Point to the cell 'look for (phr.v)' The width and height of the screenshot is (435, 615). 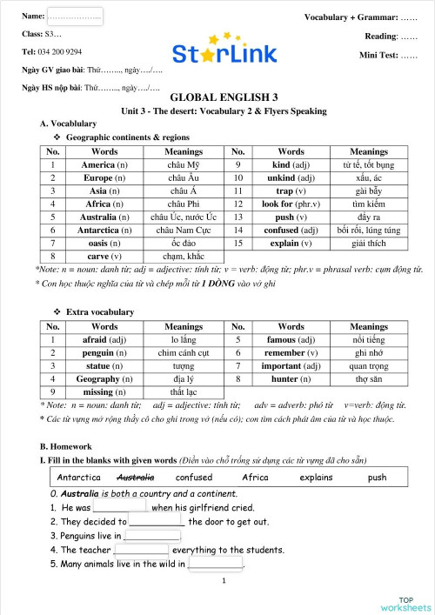pyautogui.click(x=291, y=204)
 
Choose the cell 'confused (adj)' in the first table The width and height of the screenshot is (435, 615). pyautogui.click(x=291, y=230)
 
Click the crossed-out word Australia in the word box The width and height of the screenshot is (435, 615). pyautogui.click(x=135, y=478)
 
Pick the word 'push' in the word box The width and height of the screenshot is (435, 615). pyautogui.click(x=377, y=478)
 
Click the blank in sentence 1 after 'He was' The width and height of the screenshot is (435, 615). pyautogui.click(x=120, y=508)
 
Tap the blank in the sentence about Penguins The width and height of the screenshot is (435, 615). pyautogui.click(x=147, y=536)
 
